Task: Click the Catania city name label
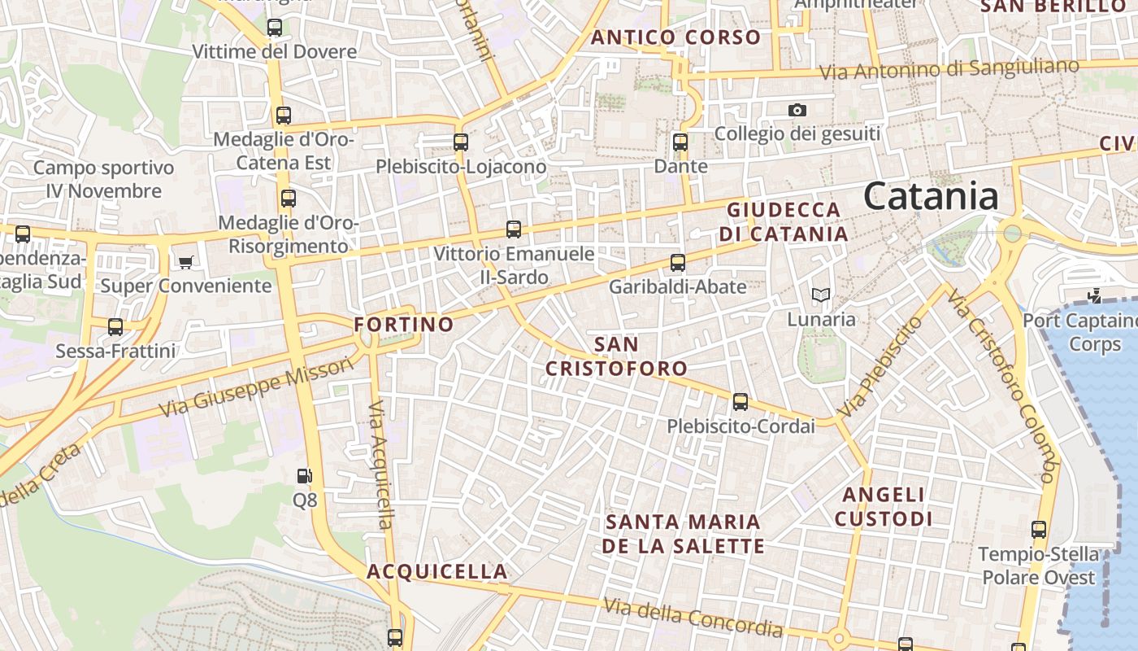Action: coord(931,197)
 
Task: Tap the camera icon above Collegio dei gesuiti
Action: coord(797,110)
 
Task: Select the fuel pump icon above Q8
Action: coord(305,475)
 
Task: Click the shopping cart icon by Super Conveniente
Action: coord(186,262)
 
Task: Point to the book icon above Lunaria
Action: coord(821,295)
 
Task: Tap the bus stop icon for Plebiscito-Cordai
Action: coord(740,401)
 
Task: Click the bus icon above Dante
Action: coord(680,142)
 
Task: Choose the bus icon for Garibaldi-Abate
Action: coord(677,263)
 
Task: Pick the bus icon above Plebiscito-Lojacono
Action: coord(461,142)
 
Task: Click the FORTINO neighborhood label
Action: coord(404,325)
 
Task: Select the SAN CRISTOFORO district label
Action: coord(616,356)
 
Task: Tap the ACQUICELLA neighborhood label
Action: coord(437,571)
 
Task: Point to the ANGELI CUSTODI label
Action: coord(884,506)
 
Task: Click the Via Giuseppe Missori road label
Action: coord(257,387)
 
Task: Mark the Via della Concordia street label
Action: coord(693,618)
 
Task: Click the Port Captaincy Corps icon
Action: coord(1094,295)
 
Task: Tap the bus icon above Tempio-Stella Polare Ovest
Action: coord(1039,530)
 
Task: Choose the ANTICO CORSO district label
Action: coord(675,37)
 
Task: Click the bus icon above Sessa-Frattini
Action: coord(115,327)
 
